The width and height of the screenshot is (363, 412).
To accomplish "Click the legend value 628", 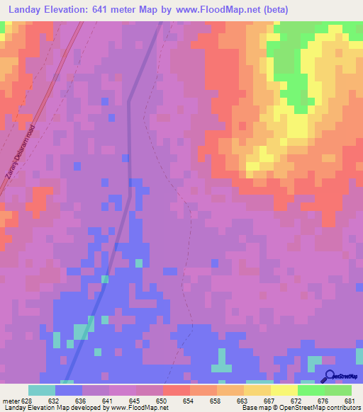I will click(x=26, y=401).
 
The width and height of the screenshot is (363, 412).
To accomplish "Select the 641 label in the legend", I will click(x=107, y=401).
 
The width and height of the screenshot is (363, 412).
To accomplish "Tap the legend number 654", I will click(x=188, y=401).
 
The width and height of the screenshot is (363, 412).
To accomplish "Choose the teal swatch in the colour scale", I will click(x=41, y=390).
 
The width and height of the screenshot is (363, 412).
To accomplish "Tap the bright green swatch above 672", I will click(x=311, y=390).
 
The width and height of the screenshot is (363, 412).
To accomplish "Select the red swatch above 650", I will click(x=176, y=390).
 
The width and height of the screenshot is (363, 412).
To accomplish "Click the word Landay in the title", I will click(x=26, y=8).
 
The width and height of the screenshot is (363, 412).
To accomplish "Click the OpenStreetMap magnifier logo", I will click(x=330, y=377).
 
